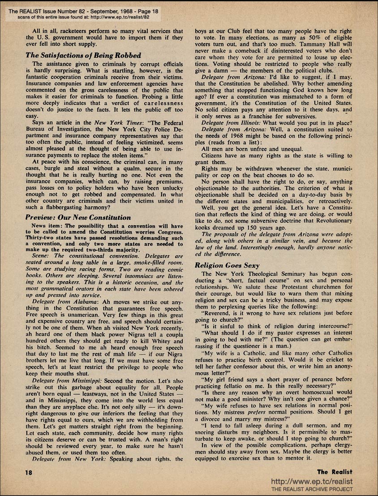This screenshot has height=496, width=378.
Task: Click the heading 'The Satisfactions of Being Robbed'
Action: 83,56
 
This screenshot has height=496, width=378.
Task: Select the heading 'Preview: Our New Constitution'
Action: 78,218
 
